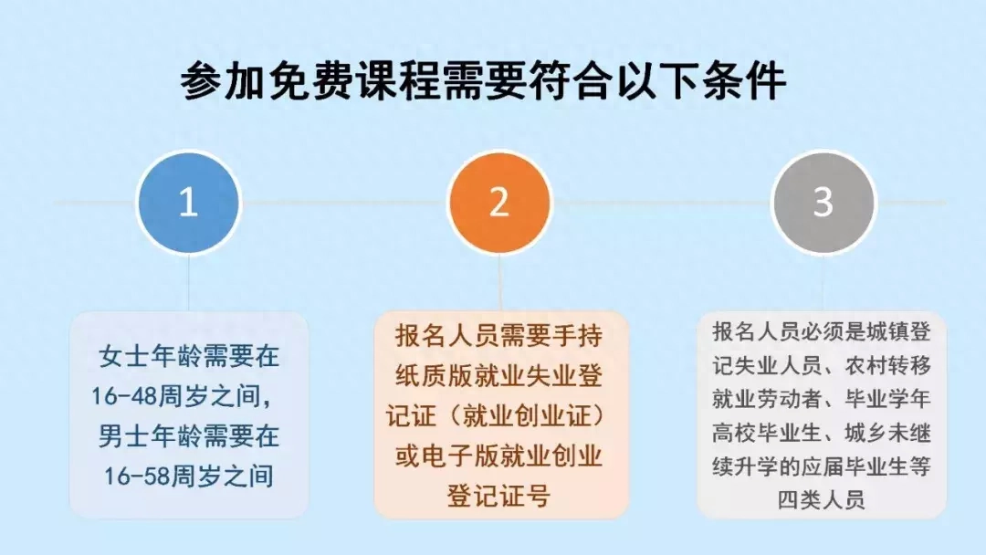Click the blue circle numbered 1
[x=189, y=203]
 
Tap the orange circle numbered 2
[x=499, y=203]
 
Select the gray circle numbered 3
[x=823, y=203]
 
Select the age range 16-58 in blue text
[x=138, y=476]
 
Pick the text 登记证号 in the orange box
[x=499, y=496]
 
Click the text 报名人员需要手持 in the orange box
[x=499, y=336]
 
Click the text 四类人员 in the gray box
[x=822, y=500]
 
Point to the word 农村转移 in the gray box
[x=887, y=365]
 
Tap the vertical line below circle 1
[x=189, y=282]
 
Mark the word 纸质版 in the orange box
[x=434, y=376]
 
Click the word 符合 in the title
[x=572, y=82]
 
